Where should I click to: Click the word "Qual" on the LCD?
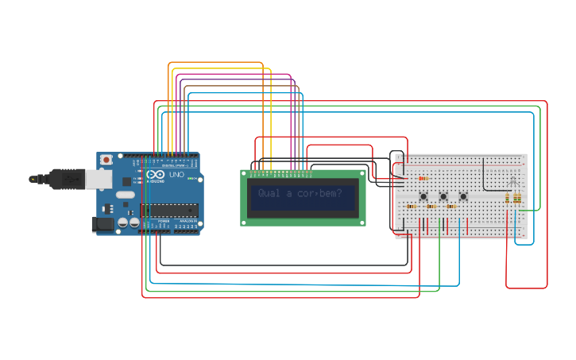pyautogui.click(x=269, y=193)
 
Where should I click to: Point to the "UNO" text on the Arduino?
pyautogui.click(x=176, y=174)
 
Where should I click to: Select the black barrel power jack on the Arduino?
pyautogui.click(x=103, y=225)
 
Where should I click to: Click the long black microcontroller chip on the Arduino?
pyautogui.click(x=168, y=209)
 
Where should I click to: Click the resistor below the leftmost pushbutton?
pyautogui.click(x=412, y=207)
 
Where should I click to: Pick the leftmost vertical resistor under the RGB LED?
pyautogui.click(x=508, y=198)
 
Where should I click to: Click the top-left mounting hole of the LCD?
pyautogui.click(x=245, y=173)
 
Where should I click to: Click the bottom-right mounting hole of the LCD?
pyautogui.click(x=362, y=222)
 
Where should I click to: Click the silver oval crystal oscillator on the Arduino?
pyautogui.click(x=126, y=194)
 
